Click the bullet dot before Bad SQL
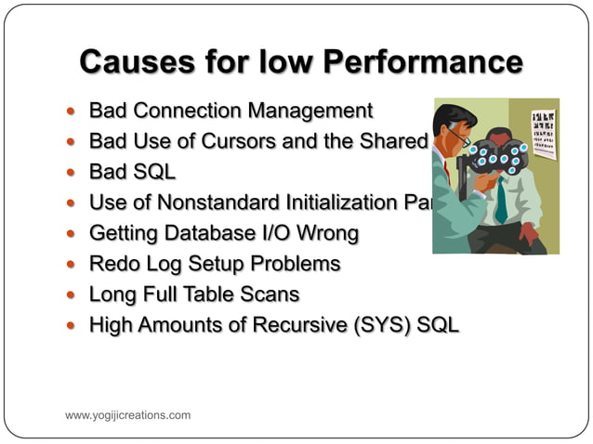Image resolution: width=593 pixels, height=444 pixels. [x=74, y=173]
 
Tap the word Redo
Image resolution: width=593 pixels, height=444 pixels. [x=112, y=264]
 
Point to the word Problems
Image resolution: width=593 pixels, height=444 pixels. [x=294, y=264]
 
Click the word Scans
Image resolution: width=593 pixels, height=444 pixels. [x=269, y=294]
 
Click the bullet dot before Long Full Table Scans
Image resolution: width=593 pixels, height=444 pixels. [x=74, y=294]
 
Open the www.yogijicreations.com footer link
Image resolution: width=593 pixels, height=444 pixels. [x=127, y=415]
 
